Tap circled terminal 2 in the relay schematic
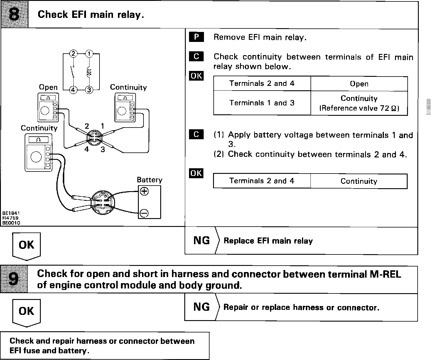[73, 54]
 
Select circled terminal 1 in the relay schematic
[89, 54]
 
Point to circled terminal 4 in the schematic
[73, 90]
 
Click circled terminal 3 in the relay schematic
[89, 90]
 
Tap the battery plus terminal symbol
[144, 191]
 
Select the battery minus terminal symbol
[144, 213]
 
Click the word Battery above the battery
[149, 180]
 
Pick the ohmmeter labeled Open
[48, 107]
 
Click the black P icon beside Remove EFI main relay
[196, 37]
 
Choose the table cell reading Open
[359, 84]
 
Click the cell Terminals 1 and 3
[262, 103]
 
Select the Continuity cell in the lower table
[359, 181]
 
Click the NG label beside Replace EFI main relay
[202, 241]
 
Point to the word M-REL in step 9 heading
[384, 274]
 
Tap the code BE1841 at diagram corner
[11, 213]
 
